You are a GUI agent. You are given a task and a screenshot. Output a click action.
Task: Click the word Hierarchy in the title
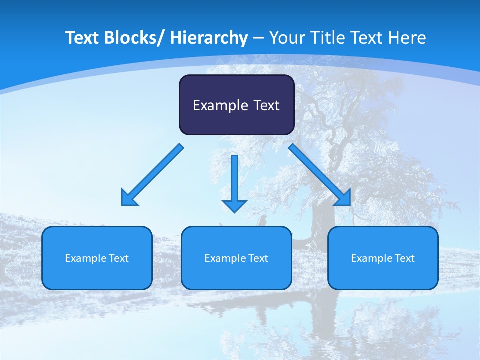point(209,38)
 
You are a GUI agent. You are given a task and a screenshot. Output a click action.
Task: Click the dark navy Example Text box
point(236,105)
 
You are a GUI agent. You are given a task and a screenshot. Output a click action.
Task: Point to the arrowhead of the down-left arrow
point(128,199)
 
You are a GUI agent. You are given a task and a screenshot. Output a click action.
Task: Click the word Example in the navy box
point(220,105)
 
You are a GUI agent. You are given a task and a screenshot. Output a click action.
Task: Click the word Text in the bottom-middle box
point(257,258)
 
